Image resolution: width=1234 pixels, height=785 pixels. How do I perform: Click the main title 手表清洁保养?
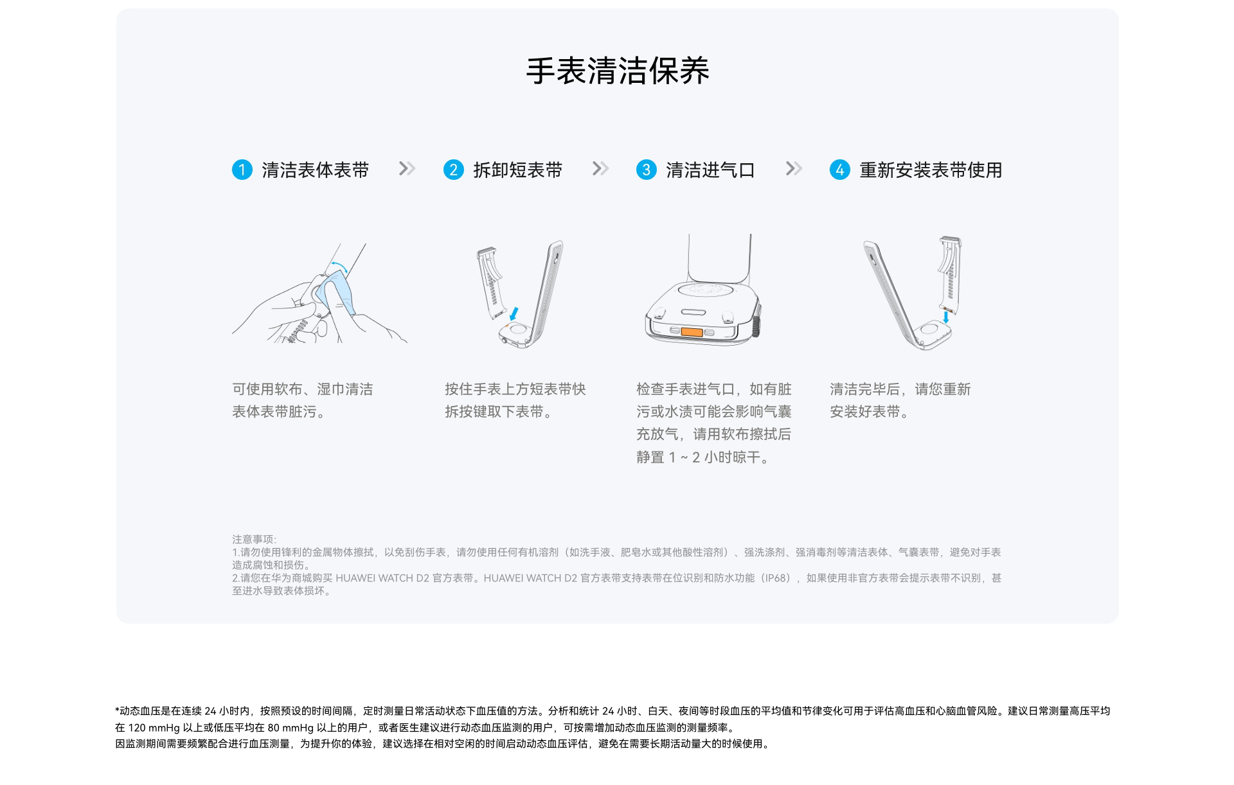617,71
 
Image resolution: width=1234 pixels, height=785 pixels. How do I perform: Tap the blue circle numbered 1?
242,170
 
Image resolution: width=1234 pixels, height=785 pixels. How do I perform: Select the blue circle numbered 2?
454,170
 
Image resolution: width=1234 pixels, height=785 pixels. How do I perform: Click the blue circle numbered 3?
647,170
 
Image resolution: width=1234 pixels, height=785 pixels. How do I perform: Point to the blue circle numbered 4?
840,170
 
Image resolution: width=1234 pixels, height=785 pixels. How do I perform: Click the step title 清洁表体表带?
316,170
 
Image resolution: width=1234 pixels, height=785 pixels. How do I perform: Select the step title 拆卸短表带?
518,170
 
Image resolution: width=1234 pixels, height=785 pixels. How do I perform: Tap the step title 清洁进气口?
711,170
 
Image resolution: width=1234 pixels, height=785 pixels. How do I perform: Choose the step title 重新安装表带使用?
931,170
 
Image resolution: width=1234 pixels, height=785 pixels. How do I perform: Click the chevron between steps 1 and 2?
407,169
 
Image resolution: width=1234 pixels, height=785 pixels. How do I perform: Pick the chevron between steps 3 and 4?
794,169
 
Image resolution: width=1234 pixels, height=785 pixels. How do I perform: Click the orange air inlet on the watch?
692,332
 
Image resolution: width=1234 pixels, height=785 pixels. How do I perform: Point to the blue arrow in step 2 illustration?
514,313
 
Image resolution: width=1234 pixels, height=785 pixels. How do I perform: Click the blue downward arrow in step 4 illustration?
946,317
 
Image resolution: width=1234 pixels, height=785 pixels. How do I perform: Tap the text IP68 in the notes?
774,578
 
